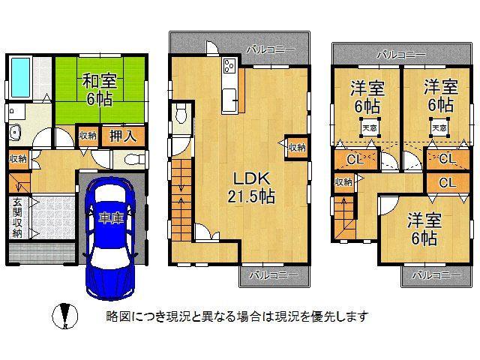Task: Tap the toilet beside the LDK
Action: tap(181, 115)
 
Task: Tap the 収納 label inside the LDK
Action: tap(297, 148)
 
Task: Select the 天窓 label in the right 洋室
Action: tap(439, 128)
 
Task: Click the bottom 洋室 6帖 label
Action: tap(424, 229)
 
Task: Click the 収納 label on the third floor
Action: tap(344, 182)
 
